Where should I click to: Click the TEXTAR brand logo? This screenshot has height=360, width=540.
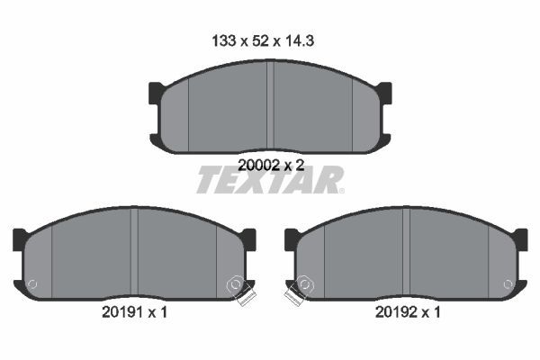(269, 180)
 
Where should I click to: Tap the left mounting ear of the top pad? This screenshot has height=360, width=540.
(156, 92)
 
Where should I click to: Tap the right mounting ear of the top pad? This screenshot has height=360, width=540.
(384, 92)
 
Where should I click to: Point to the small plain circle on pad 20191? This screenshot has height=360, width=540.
(33, 285)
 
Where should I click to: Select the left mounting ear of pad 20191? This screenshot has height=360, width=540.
(20, 239)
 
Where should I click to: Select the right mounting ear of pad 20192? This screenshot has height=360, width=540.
(520, 239)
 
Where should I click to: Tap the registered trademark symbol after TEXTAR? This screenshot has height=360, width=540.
(340, 190)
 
